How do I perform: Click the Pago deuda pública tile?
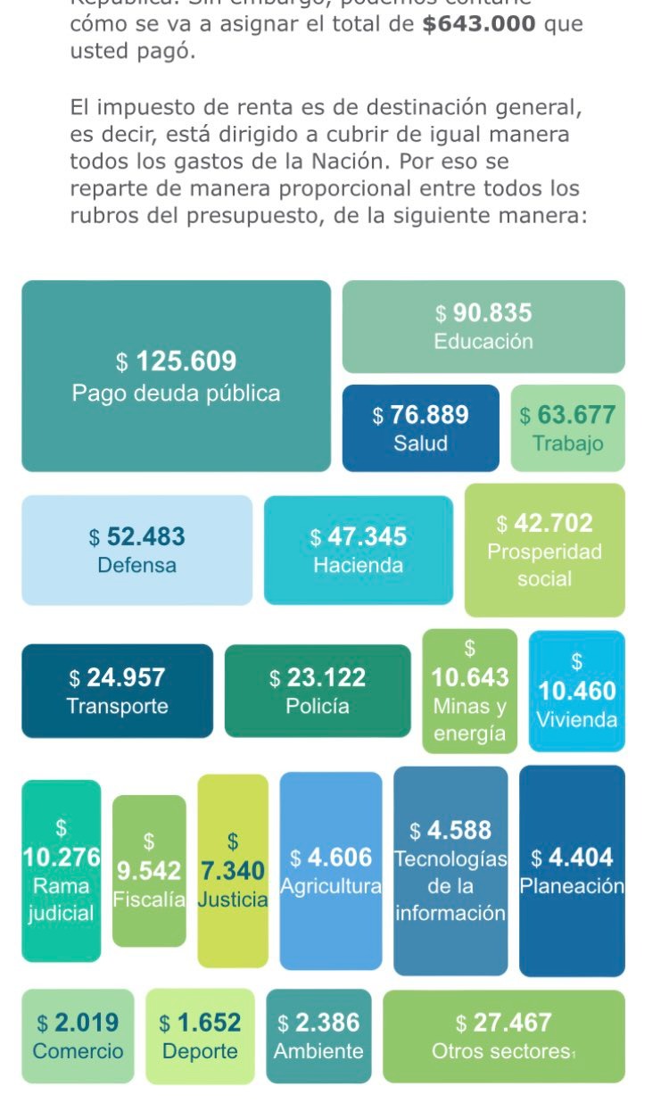coord(176,376)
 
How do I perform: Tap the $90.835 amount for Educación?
coord(483,313)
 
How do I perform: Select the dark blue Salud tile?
coord(420,428)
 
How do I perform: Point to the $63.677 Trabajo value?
coord(567,415)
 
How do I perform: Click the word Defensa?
coord(137,566)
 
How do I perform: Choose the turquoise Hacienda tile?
coord(359,550)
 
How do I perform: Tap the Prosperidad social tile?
coord(544,551)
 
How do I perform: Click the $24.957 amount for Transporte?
coord(117,679)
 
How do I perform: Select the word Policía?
coord(318,707)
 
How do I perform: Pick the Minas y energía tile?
coord(470,692)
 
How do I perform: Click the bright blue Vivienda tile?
coord(577,691)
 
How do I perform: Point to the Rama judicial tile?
coord(61,871)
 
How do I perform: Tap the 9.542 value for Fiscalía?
coord(149,870)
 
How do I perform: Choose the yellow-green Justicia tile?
coord(233,870)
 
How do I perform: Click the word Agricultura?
coord(331,887)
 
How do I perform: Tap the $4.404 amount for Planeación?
coord(572,858)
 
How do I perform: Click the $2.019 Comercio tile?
coord(78,1036)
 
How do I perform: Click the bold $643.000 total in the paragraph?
coord(480,23)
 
